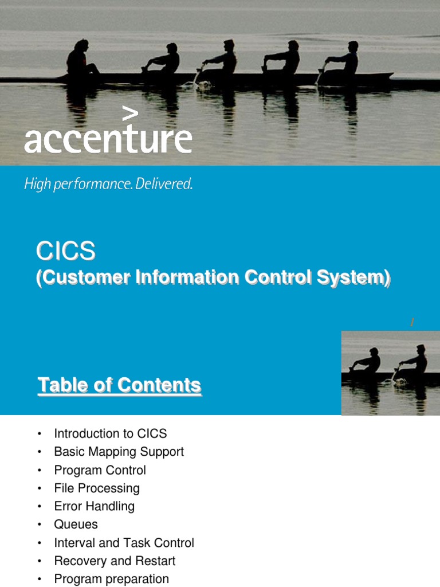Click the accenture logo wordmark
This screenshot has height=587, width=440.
tap(108, 139)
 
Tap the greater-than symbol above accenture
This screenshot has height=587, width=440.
tap(131, 114)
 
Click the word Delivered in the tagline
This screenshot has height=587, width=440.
tap(166, 185)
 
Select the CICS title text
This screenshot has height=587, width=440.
tap(66, 251)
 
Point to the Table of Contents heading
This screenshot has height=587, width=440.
tap(119, 385)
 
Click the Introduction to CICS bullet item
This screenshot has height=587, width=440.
tap(111, 433)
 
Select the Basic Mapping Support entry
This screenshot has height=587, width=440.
tap(119, 452)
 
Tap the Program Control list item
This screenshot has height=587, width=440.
tap(100, 470)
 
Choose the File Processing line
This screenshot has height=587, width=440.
tap(97, 488)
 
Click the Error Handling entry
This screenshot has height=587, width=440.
tap(94, 506)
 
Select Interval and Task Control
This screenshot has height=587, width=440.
tap(124, 543)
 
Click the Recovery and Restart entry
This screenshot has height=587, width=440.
tap(115, 561)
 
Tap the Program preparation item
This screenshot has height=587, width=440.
tap(111, 579)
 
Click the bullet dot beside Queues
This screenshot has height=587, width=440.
tap(40, 525)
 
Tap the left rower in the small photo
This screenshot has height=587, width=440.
tap(368, 362)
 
